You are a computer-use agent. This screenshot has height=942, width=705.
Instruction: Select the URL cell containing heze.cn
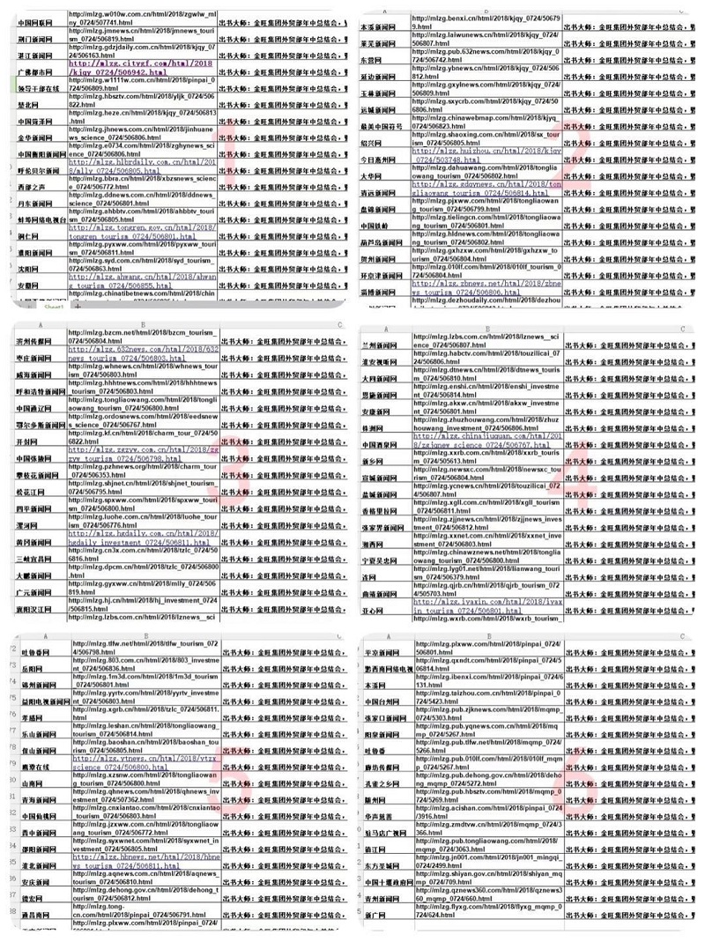[x=141, y=117]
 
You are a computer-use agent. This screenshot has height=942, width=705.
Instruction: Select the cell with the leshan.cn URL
[x=145, y=725]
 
